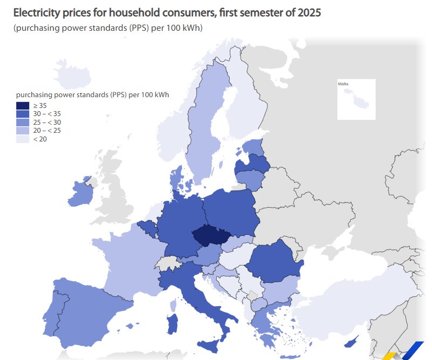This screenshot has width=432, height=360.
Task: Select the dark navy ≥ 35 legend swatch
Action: (x=23, y=106)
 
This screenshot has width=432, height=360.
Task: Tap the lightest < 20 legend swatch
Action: (x=23, y=139)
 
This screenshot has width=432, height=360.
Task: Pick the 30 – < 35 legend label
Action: (x=47, y=114)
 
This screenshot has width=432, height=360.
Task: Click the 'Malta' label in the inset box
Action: (x=343, y=84)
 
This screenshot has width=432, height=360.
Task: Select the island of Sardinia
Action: (x=174, y=324)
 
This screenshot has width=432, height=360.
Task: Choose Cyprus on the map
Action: (x=351, y=342)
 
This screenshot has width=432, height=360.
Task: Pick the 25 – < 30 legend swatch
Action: (x=23, y=123)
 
